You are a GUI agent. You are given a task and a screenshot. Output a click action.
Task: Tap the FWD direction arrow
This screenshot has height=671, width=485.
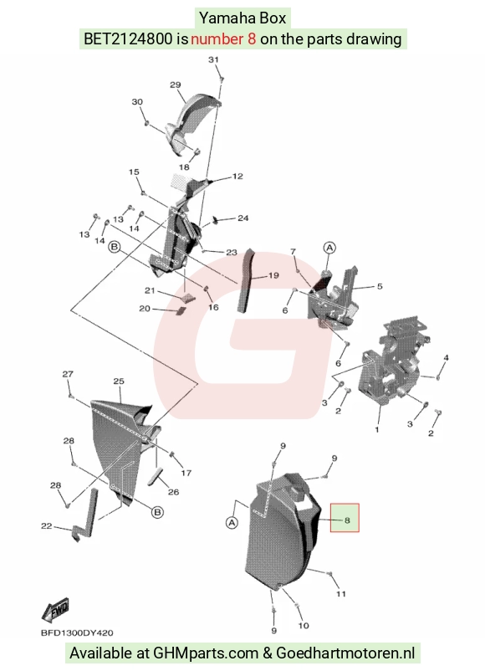pos(55,610)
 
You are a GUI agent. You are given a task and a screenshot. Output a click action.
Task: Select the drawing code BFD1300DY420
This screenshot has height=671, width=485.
pos(77,633)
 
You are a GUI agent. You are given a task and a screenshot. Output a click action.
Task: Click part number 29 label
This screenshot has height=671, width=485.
pos(176,85)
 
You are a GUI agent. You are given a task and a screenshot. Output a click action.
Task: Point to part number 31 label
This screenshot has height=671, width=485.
pos(213,59)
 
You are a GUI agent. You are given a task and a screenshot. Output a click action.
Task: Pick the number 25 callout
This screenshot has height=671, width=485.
pos(119,381)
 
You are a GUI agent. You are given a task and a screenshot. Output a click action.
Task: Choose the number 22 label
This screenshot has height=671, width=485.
pos(46,526)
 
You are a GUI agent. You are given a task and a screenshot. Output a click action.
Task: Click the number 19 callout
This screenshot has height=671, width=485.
pos(273,275)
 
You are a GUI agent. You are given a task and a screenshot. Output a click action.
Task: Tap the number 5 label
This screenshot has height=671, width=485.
pos(380,286)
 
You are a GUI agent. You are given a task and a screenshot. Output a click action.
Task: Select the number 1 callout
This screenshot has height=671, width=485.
pos(377,429)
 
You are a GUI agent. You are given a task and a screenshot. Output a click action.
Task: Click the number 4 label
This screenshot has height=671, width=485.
pos(446,357)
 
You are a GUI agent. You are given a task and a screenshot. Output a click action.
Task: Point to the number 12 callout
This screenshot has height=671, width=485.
pos(237,176)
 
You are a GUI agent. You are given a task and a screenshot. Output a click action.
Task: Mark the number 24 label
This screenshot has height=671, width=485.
pos(243,218)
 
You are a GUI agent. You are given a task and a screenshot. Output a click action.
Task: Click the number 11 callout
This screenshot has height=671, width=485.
pos(341,593)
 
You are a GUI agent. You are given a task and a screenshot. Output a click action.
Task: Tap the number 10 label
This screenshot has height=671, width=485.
pos(304,626)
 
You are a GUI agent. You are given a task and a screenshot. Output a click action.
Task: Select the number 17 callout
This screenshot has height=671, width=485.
pos(186,473)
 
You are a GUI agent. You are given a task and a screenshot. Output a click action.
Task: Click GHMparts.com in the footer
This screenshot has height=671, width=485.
pos(206,653)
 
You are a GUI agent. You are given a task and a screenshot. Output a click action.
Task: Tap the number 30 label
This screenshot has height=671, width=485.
pos(137,102)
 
